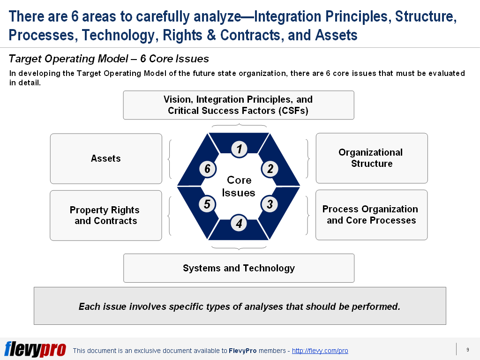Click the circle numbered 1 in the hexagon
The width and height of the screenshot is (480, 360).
click(239, 149)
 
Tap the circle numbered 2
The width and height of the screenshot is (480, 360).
click(270, 169)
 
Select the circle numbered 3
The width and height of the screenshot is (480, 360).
click(270, 204)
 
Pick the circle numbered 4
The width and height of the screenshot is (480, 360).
click(239, 224)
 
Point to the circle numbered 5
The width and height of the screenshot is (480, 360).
click(207, 204)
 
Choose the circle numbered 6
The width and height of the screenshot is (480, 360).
click(207, 169)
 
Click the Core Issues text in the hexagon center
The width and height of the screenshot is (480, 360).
click(239, 186)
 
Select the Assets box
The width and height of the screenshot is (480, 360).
click(106, 158)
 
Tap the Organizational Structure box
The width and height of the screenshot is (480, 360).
click(371, 158)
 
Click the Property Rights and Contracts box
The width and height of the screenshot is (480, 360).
click(105, 215)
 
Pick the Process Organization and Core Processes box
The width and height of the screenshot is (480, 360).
click(371, 215)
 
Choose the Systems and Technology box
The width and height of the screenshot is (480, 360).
click(239, 268)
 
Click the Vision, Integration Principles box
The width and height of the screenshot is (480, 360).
click(238, 105)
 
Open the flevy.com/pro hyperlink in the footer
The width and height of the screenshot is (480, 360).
click(320, 351)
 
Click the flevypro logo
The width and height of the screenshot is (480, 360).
click(35, 349)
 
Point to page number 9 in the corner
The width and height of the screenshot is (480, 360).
click(467, 350)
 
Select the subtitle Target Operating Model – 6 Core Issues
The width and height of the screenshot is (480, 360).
click(109, 59)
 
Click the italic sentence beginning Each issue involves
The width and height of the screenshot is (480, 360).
click(240, 307)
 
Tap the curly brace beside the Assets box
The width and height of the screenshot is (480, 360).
click(170, 158)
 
